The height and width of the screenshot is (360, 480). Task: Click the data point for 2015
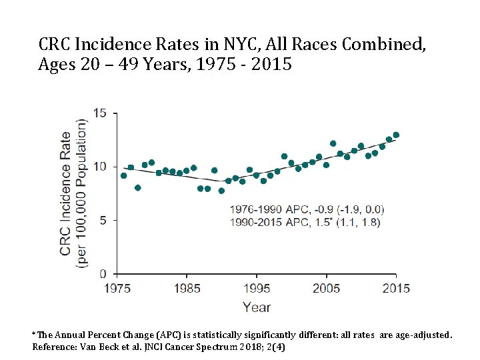(x=396, y=135)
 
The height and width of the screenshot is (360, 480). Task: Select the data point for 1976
(x=124, y=176)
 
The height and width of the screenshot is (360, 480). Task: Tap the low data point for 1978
(x=138, y=187)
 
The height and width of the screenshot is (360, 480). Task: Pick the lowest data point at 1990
(x=221, y=191)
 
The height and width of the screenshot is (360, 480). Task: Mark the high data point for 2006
(x=333, y=143)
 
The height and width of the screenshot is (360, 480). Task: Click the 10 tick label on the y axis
(x=100, y=167)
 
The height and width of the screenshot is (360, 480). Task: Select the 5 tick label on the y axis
(x=103, y=221)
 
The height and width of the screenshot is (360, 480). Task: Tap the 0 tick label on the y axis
(x=103, y=274)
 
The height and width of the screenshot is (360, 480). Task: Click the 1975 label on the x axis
(x=117, y=289)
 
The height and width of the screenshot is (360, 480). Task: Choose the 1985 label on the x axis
(x=187, y=289)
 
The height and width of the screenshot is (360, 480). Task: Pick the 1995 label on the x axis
(x=257, y=289)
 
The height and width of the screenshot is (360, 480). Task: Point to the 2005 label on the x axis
(x=326, y=289)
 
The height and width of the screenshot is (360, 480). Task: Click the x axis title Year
(x=257, y=307)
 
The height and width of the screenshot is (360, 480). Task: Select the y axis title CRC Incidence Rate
(x=65, y=194)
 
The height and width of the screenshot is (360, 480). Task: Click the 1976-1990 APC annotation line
(x=307, y=210)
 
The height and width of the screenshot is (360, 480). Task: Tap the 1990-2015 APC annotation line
(x=305, y=222)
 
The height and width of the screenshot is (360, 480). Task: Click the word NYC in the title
(x=242, y=44)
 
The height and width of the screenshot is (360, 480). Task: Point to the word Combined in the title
(x=383, y=45)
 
